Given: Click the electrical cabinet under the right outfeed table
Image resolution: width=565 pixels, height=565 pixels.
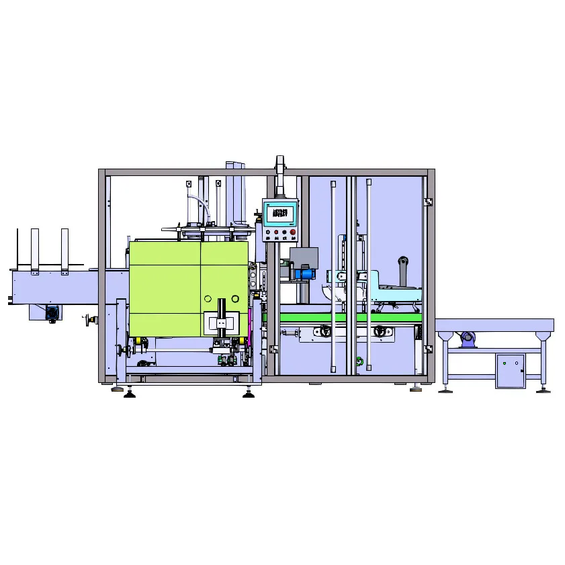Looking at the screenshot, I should pyautogui.click(x=510, y=370).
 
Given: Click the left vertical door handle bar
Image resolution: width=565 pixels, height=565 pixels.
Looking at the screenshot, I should pyautogui.click(x=333, y=275).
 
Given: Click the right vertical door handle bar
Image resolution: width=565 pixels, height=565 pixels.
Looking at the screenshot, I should pyautogui.click(x=368, y=275).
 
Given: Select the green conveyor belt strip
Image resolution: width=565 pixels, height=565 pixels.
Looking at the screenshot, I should pyautogui.click(x=349, y=317).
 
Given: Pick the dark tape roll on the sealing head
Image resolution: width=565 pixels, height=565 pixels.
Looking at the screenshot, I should pyautogui.click(x=403, y=262).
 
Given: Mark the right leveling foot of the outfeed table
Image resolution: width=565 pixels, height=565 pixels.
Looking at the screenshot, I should pyautogui.click(x=544, y=388).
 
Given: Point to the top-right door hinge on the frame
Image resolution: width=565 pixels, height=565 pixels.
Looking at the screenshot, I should pyautogui.click(x=428, y=201).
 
